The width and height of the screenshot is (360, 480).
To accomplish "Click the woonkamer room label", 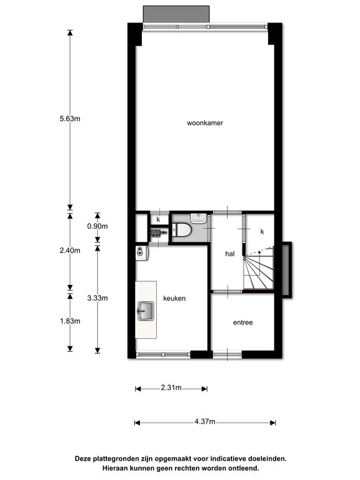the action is (x=205, y=123).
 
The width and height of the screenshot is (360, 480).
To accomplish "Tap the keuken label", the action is (x=174, y=298).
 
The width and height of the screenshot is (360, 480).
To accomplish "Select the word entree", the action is (x=242, y=322).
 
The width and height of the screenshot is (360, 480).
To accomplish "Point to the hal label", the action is (x=230, y=254).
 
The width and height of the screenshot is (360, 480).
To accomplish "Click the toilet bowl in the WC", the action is (x=181, y=229).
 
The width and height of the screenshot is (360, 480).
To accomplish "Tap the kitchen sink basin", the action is (x=146, y=311).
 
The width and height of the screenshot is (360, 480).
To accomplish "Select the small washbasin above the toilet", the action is (x=199, y=218).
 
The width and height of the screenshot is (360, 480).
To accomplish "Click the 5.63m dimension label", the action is (x=70, y=119).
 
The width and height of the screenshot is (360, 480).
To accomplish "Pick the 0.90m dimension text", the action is (x=97, y=226).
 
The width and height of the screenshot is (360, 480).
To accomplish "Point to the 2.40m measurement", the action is (x=70, y=251).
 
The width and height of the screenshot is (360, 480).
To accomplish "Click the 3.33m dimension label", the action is (x=97, y=298).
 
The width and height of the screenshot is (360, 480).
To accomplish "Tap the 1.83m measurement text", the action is (x=70, y=321).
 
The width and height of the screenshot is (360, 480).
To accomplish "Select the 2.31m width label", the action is (x=171, y=387).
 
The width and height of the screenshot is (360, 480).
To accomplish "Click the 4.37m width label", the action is (x=205, y=421).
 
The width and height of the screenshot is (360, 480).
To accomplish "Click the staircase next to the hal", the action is (x=259, y=268).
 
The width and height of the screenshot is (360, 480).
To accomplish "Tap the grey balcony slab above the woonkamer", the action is (x=176, y=14).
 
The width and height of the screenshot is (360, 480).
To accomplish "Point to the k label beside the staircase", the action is (x=262, y=232).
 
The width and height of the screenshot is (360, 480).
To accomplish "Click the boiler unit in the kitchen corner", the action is (x=142, y=254).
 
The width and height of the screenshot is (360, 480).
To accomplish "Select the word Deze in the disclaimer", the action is (x=83, y=459).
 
